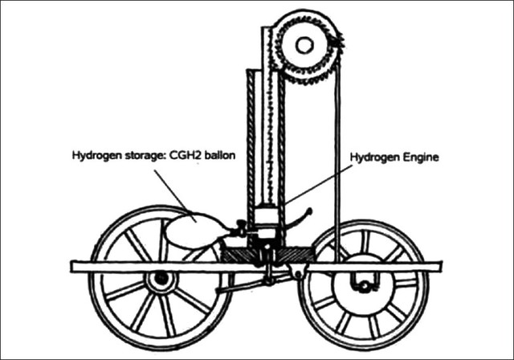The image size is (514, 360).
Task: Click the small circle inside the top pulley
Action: (x=304, y=45)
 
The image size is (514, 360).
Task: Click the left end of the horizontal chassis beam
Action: (x=77, y=266)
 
